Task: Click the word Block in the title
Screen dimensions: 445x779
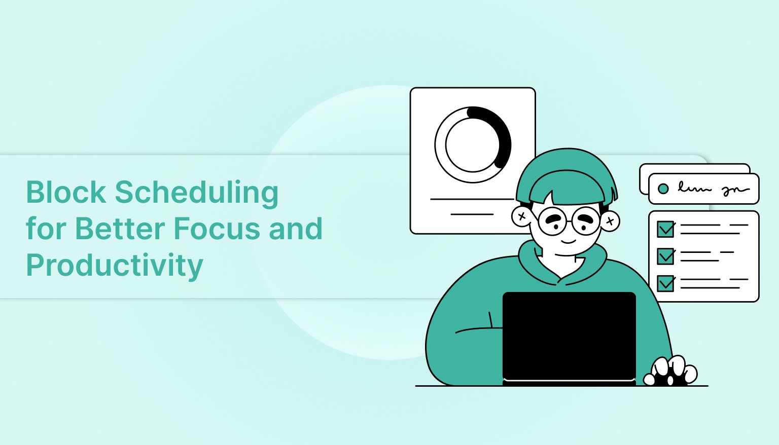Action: [66, 193]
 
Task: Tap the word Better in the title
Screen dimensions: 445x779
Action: [121, 229]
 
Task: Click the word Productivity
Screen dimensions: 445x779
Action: [115, 266]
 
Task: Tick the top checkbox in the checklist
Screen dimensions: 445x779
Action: [665, 229]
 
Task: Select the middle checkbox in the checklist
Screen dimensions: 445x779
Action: [665, 256]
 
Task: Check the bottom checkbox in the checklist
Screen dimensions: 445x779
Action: [665, 283]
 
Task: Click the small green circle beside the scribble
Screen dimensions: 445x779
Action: [663, 189]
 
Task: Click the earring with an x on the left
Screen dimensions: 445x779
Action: [521, 216]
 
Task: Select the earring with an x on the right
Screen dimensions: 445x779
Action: [610, 221]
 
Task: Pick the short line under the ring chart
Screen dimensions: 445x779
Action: [472, 214]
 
